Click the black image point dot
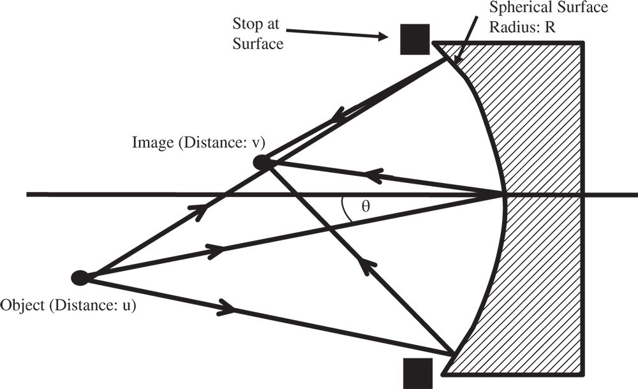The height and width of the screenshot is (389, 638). pos(262,163)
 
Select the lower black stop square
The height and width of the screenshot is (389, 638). pos(417,373)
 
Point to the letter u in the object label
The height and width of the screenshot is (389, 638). pos(129,304)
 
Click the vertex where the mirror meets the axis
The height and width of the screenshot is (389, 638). pos(504,194)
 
